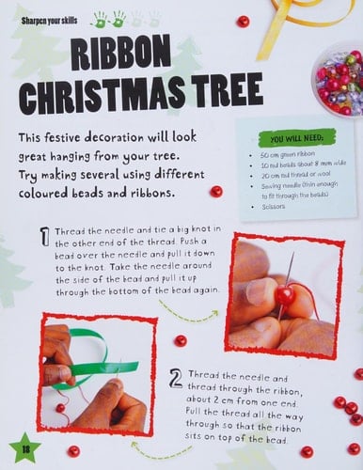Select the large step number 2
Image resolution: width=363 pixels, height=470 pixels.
click(x=175, y=379)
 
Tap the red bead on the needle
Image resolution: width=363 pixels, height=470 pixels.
click(x=283, y=295)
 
